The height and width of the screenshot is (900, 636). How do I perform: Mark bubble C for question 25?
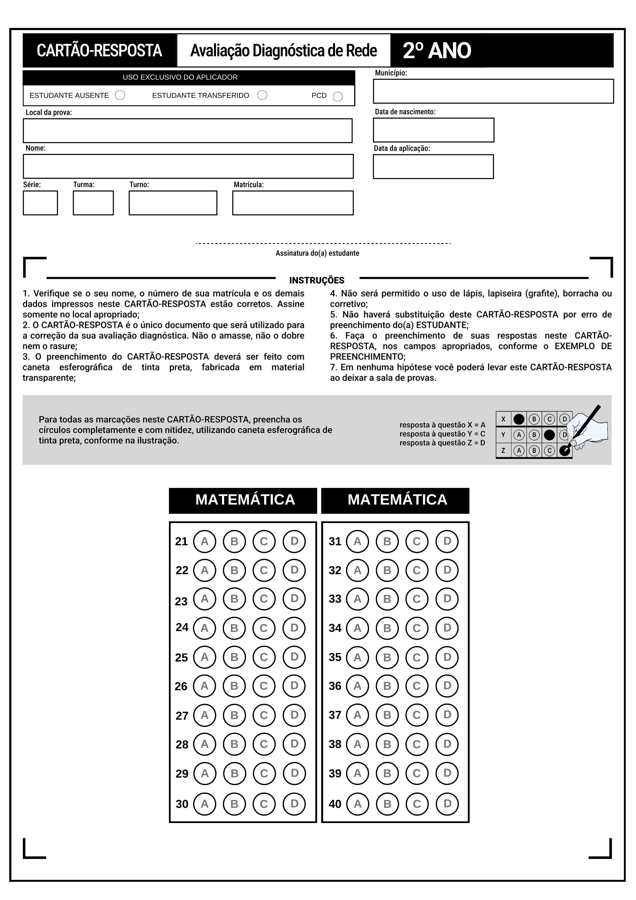click(264, 657)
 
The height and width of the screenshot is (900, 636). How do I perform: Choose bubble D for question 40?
click(447, 804)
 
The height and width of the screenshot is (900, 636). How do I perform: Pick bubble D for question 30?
click(294, 804)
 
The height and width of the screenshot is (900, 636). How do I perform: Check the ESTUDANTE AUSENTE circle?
click(120, 95)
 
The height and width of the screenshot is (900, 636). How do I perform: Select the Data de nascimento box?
click(433, 130)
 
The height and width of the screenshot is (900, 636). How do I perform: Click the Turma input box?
click(93, 203)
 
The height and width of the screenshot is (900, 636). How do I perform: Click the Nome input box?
click(188, 167)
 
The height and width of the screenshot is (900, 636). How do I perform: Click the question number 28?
click(182, 744)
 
